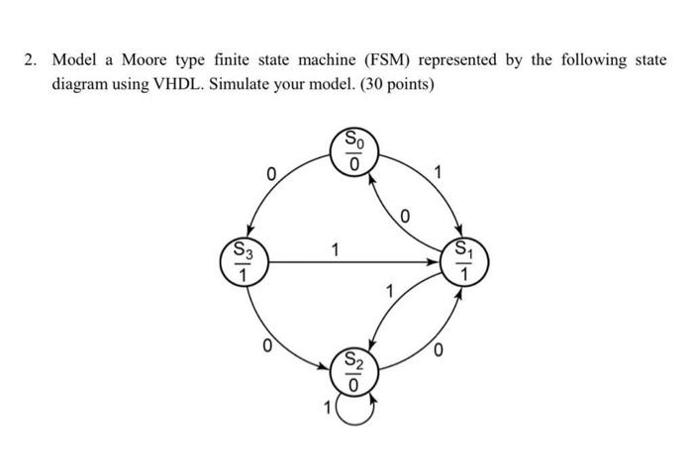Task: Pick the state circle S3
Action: [x=242, y=262]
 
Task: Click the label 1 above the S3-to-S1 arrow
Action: [x=336, y=249]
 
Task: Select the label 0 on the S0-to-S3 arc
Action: [x=269, y=175]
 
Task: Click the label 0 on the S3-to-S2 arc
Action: [x=265, y=345]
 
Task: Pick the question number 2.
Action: [x=30, y=60]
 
